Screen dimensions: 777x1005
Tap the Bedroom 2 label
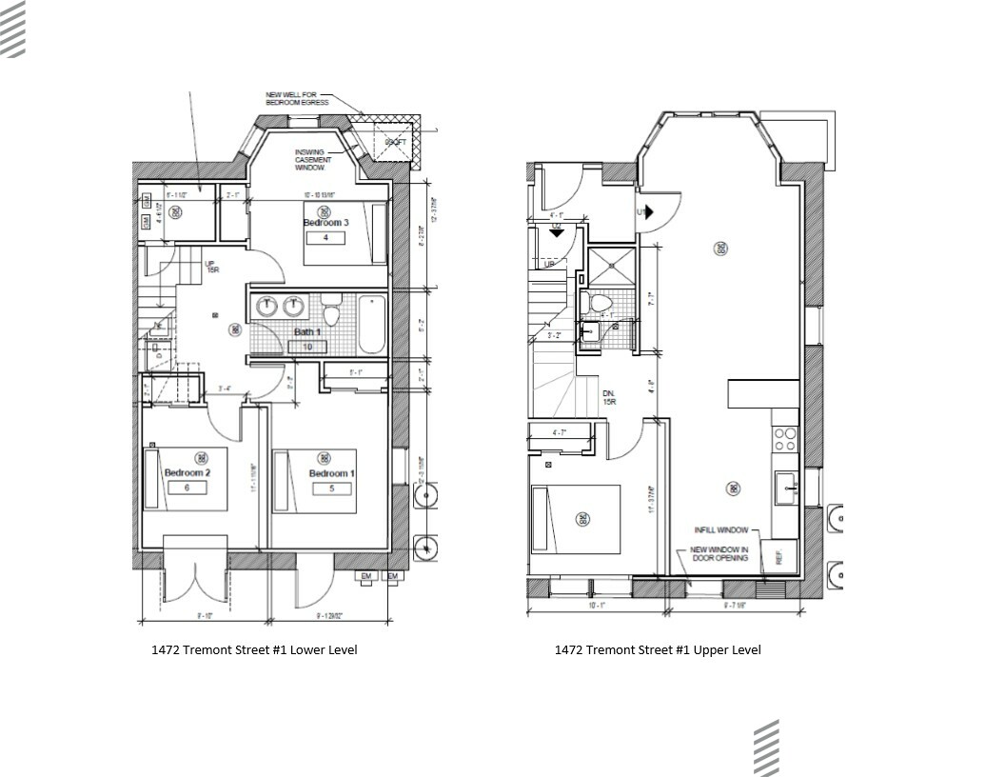(x=187, y=473)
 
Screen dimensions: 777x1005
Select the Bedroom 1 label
(x=331, y=474)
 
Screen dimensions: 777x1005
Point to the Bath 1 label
(x=307, y=332)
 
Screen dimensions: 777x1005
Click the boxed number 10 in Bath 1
(x=307, y=347)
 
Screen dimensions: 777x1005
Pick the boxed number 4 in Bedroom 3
(x=325, y=237)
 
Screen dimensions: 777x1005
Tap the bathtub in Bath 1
(x=371, y=323)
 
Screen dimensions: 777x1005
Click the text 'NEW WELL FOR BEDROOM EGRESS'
(x=297, y=98)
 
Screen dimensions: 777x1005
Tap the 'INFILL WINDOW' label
(x=720, y=530)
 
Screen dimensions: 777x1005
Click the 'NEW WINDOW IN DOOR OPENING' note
(x=719, y=553)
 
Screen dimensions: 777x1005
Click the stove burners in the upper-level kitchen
(x=786, y=438)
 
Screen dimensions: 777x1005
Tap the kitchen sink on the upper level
(x=786, y=487)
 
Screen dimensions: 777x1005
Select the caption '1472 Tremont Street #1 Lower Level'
(x=254, y=650)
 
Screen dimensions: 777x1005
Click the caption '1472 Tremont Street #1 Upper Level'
(x=658, y=650)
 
